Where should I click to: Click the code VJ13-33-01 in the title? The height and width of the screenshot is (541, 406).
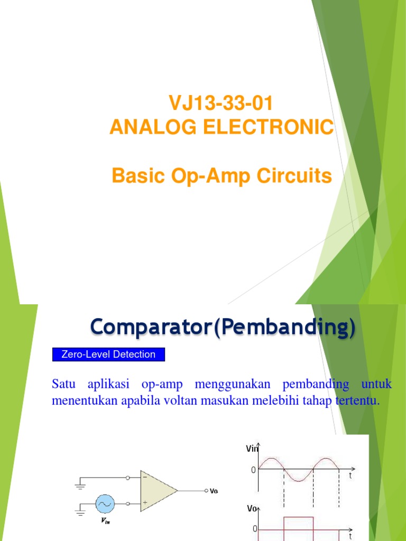tap(221, 104)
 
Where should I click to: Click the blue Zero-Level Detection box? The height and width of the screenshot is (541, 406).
tap(108, 355)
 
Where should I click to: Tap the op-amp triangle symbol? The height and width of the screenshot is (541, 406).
tap(158, 491)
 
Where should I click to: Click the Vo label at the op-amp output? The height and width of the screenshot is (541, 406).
tap(214, 491)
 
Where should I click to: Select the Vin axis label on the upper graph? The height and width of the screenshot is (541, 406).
tap(252, 449)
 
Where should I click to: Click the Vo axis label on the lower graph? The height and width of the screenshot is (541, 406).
tap(252, 509)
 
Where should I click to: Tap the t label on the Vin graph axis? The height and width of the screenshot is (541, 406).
tap(349, 475)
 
